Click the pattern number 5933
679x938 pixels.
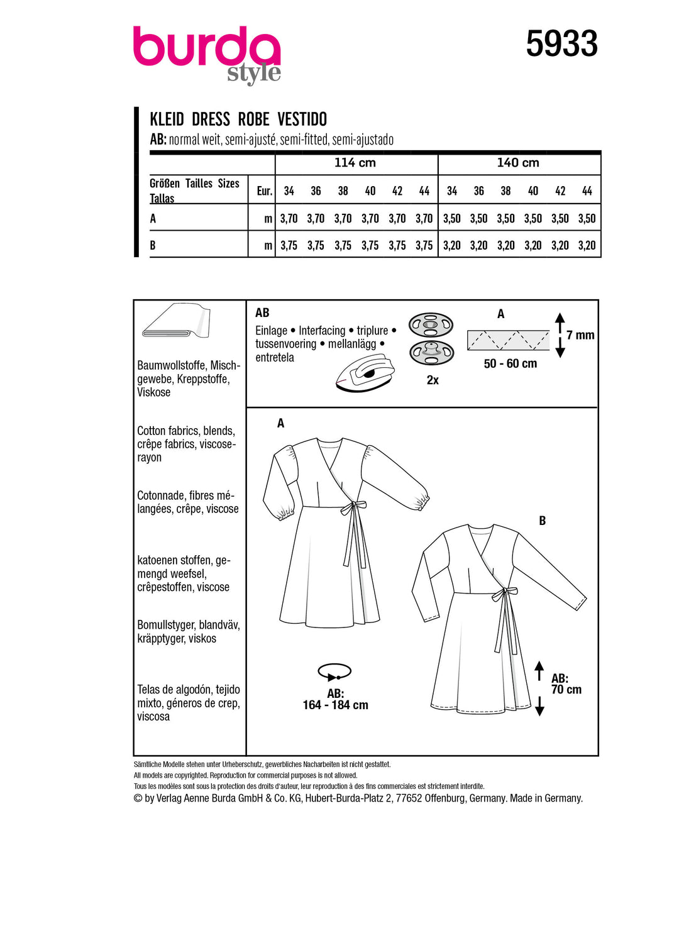click(x=561, y=44)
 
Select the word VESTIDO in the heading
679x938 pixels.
click(x=302, y=119)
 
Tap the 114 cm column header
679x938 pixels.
click(x=355, y=163)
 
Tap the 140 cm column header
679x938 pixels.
click(x=517, y=163)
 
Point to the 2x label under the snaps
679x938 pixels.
click(x=433, y=380)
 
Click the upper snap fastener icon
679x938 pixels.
click(x=431, y=326)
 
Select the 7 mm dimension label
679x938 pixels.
click(x=580, y=335)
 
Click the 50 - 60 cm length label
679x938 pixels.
click(x=510, y=364)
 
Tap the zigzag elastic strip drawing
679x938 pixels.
click(x=508, y=340)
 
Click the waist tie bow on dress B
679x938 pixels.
click(x=504, y=594)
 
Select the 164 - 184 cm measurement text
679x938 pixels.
click(x=335, y=705)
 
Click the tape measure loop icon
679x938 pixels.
click(x=334, y=672)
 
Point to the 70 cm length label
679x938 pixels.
click(x=566, y=690)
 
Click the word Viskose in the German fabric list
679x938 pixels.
click(x=153, y=392)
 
